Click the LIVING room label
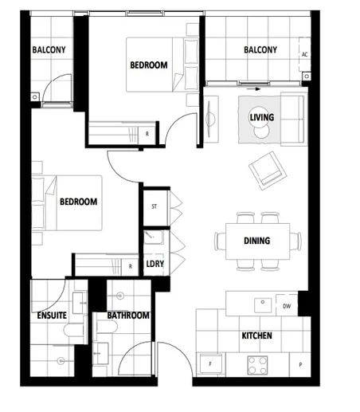(x=262, y=118)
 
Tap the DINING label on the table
(x=256, y=241)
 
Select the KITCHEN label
(x=256, y=335)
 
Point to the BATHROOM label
(x=128, y=316)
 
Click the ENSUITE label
(x=52, y=316)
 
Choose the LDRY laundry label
(x=155, y=265)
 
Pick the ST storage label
(x=155, y=206)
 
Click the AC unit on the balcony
(x=304, y=54)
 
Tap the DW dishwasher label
(x=287, y=305)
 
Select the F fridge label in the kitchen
(x=210, y=364)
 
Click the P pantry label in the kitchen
(x=300, y=364)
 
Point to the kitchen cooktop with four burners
(x=257, y=364)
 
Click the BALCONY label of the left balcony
(x=49, y=50)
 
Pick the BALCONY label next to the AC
(x=260, y=50)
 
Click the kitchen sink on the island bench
(x=260, y=304)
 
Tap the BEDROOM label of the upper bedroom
(x=148, y=65)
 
